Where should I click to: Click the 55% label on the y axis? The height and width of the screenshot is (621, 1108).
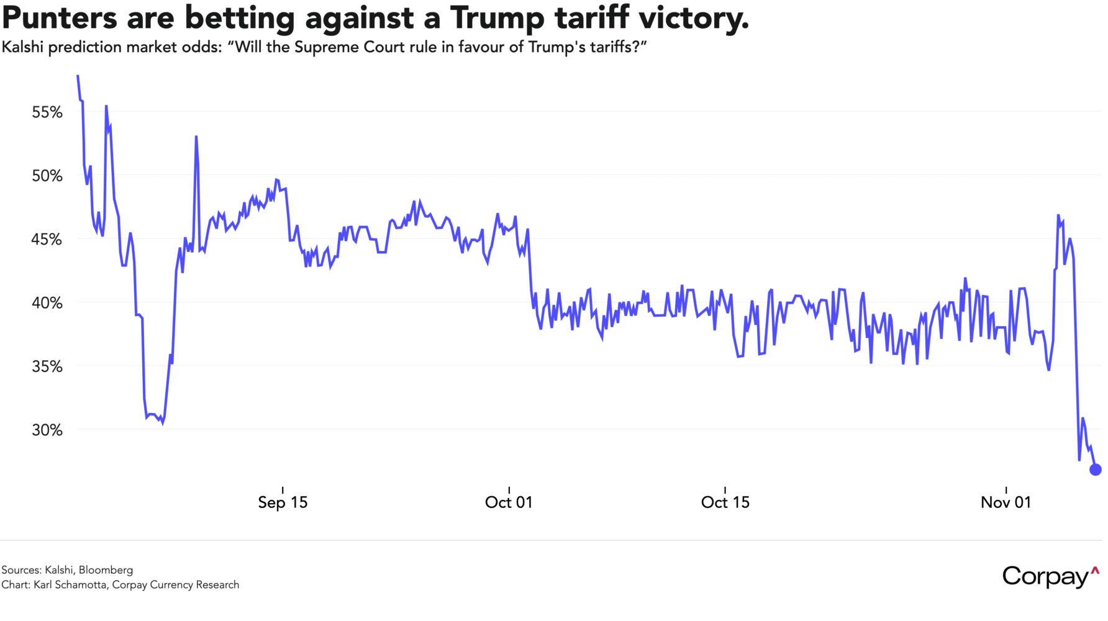47,112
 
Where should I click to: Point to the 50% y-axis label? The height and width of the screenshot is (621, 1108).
47,176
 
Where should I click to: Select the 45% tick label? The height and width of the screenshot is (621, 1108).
47,239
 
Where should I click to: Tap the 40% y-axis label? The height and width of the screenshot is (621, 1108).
47,303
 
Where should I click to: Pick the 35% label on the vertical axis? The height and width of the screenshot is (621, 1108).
47,366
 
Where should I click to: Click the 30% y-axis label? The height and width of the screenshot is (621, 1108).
47,430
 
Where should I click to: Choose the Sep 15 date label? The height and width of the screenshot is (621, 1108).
283,502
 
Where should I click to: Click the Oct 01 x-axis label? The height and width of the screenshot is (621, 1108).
509,502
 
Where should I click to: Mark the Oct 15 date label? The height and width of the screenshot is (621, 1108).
725,502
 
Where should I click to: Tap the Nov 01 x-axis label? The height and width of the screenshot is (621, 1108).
1006,502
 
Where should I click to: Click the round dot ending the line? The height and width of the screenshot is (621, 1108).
1096,469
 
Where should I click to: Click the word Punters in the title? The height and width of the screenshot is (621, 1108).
60,19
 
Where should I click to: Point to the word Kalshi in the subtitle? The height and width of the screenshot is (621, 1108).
22,48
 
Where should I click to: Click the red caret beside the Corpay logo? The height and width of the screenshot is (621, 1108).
1095,569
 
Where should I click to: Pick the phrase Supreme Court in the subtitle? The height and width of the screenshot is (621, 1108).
349,48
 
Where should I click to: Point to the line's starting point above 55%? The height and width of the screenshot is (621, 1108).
78,76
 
